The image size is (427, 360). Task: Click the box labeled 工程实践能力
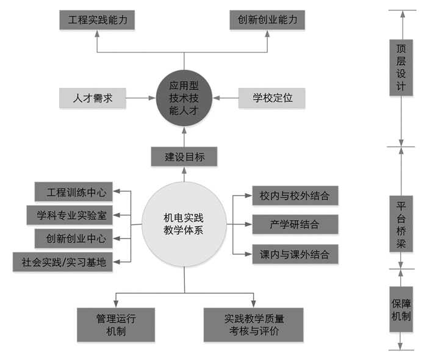(x=98, y=20)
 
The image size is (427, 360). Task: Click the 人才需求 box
(x=92, y=97)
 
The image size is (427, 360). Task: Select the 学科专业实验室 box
(x=71, y=215)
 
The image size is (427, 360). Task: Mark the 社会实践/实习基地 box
(x=63, y=262)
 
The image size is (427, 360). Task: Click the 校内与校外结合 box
(x=295, y=196)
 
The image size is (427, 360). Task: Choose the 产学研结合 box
(x=295, y=224)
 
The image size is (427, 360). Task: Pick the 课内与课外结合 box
(x=295, y=253)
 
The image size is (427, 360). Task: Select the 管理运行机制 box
(x=116, y=325)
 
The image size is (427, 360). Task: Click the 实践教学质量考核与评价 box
(x=253, y=325)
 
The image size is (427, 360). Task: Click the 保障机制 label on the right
(x=401, y=309)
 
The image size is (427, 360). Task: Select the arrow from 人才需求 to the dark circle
(x=139, y=97)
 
